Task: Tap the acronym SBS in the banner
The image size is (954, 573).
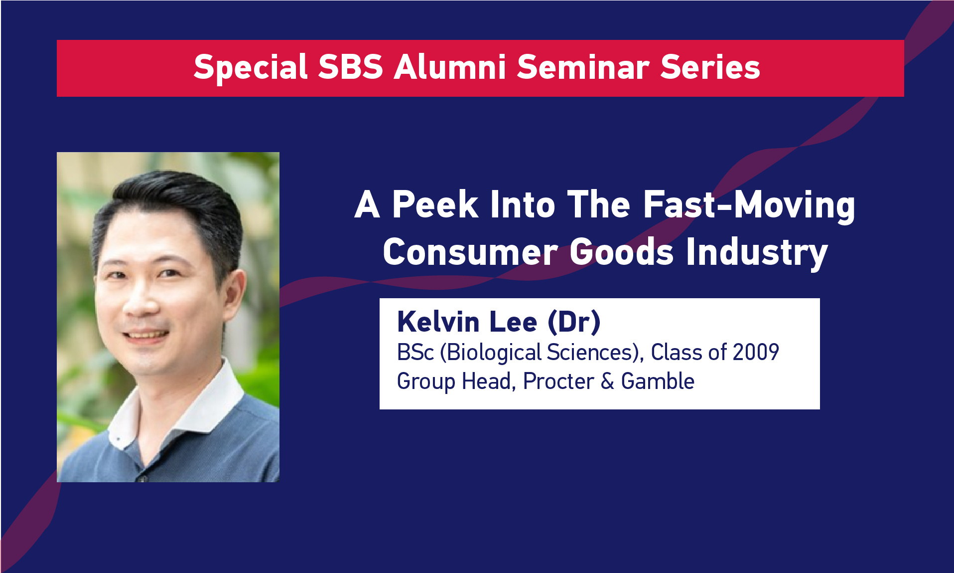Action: (x=351, y=67)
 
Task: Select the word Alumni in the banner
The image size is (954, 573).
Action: (x=450, y=67)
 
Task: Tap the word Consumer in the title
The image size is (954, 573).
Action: (x=470, y=252)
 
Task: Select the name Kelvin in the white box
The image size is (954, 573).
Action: (x=438, y=322)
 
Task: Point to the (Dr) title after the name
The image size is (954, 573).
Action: (x=574, y=323)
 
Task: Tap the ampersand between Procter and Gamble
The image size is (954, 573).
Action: (x=607, y=382)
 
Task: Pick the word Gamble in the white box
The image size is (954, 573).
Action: (x=658, y=382)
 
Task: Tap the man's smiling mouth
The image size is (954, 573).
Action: (x=146, y=336)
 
